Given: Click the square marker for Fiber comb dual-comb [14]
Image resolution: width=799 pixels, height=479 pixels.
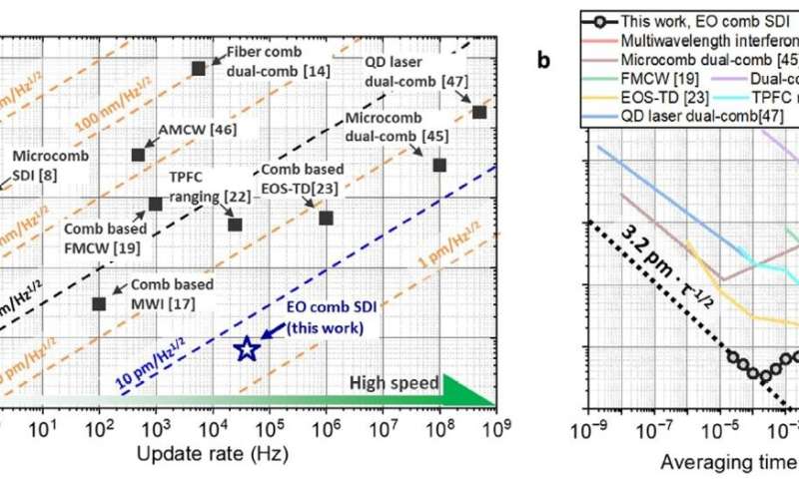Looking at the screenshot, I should point(199,68).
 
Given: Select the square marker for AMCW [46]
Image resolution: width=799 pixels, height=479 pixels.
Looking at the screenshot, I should point(139,155).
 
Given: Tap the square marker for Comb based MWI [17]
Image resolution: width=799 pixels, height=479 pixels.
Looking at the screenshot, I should point(99,303).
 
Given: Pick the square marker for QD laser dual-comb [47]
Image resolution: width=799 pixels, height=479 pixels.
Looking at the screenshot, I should point(478,112).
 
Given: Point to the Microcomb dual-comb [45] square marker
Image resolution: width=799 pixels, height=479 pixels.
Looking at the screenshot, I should point(438,165).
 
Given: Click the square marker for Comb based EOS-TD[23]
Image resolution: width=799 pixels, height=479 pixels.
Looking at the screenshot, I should point(325,218).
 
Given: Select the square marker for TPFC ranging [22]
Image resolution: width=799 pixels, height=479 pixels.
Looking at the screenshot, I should point(235,224).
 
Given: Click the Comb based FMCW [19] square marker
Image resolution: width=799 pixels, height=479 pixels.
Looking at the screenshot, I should point(155,204).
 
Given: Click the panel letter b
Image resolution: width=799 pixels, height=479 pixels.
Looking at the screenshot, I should point(543,61).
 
